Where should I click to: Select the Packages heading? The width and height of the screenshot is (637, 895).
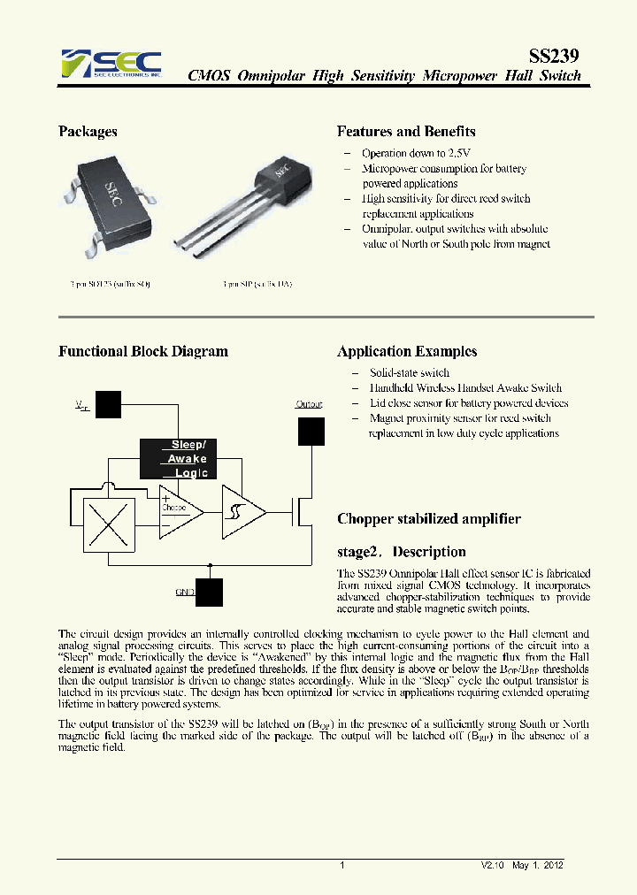pyautogui.click(x=88, y=132)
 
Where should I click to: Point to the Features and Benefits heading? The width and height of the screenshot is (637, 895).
pyautogui.click(x=406, y=132)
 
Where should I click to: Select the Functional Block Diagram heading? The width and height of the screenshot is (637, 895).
pyautogui.click(x=142, y=351)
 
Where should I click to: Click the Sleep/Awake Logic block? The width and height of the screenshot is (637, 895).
pyautogui.click(x=178, y=458)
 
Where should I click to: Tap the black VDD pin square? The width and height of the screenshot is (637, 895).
pyautogui.click(x=108, y=404)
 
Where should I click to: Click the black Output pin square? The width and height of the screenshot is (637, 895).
pyautogui.click(x=311, y=431)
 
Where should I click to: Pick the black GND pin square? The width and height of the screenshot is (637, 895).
pyautogui.click(x=210, y=592)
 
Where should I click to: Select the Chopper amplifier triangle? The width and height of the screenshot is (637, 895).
pyautogui.click(x=180, y=511)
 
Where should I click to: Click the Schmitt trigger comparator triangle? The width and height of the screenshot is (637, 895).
pyautogui.click(x=242, y=511)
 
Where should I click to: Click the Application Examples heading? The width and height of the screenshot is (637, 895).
pyautogui.click(x=407, y=351)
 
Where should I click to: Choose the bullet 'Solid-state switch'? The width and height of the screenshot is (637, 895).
pyautogui.click(x=409, y=373)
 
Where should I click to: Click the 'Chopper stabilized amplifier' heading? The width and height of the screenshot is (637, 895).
pyautogui.click(x=429, y=519)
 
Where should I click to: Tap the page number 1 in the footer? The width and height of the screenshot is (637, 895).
pyautogui.click(x=342, y=865)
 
